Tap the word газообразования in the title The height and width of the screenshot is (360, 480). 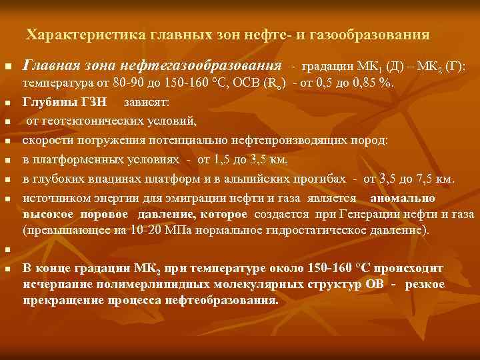click(x=371, y=33)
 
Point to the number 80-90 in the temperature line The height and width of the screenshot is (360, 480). click(x=125, y=84)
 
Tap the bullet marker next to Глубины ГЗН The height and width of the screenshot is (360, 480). click(x=7, y=105)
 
